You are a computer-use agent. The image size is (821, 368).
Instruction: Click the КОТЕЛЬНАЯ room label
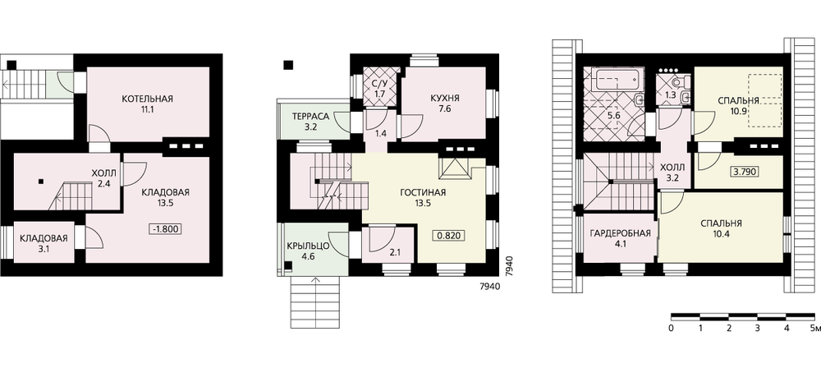pos(147,99)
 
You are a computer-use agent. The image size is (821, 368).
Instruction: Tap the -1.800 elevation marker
pos(165,229)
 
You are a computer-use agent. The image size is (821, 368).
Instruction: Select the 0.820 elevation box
pos(449,236)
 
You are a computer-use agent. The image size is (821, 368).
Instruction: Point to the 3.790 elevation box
pos(745,172)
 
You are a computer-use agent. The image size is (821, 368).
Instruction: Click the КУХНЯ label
pos(445,99)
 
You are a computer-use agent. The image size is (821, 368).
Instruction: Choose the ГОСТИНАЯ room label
pos(423,192)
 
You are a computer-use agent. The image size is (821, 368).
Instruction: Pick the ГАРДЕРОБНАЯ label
pos(620,234)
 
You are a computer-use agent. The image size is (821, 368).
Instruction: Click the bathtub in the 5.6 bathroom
pos(616,80)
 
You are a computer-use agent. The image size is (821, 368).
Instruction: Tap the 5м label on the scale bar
pos(815,329)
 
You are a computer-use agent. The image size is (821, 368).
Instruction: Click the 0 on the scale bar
pos(671,329)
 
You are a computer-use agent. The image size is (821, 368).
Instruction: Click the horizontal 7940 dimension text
pos(490,287)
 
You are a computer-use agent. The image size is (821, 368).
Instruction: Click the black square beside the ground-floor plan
pos(288,65)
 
